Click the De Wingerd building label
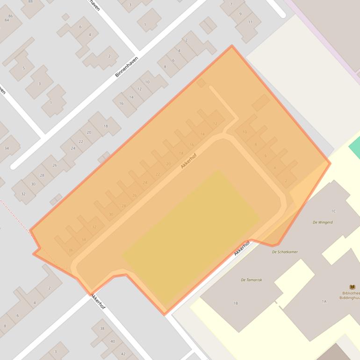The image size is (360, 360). (x=323, y=222)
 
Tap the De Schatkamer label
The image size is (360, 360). (x=285, y=252)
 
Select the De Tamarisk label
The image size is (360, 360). (x=251, y=280)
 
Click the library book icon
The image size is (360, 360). (x=352, y=287)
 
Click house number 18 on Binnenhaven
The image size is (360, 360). (x=106, y=126)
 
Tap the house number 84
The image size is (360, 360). (x=7, y=20)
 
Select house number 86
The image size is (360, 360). (x=10, y=16)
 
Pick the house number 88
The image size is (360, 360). (x=30, y=1)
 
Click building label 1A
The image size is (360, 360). (x=324, y=302)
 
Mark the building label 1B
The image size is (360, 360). (x=236, y=303)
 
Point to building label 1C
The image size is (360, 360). (x=333, y=211)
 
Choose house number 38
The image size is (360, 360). (x=102, y=329)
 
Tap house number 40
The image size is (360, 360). (x=112, y=341)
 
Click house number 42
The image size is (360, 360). (x=123, y=353)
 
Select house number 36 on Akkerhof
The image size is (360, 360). (x=71, y=250)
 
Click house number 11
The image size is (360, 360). (x=250, y=22)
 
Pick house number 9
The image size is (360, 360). (x=240, y=14)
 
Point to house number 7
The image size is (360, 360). (x=230, y=5)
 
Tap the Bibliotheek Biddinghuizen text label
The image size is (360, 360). (x=351, y=296)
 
